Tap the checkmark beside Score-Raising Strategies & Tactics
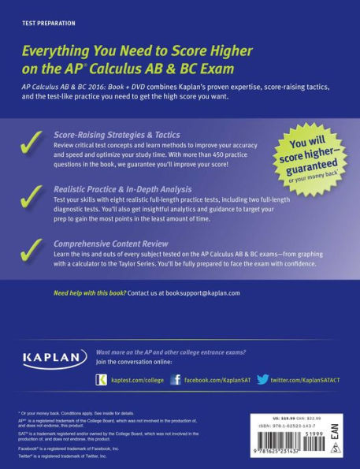(32, 147)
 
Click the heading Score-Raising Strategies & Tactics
(117, 136)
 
